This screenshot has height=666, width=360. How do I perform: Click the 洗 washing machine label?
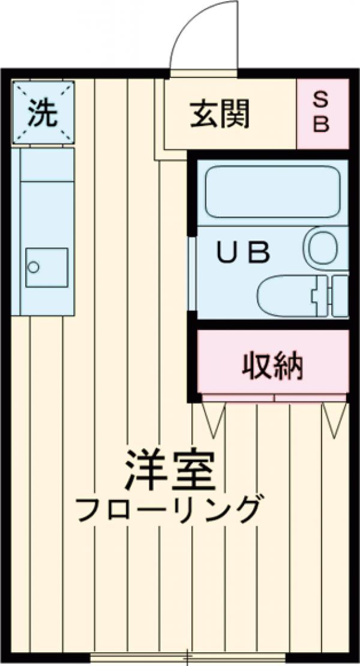pos(43,112)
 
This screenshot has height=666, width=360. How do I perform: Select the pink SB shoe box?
pos(323,113)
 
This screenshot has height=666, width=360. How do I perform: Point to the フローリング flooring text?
pos(170,510)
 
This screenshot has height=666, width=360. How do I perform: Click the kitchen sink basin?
pos(46,267)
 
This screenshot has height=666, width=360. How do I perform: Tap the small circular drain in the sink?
pos(34,266)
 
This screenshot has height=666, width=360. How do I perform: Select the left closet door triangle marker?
pos(212,418)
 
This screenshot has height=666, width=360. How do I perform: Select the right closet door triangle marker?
pos(334,418)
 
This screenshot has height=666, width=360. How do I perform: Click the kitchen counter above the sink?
pos(46,192)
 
